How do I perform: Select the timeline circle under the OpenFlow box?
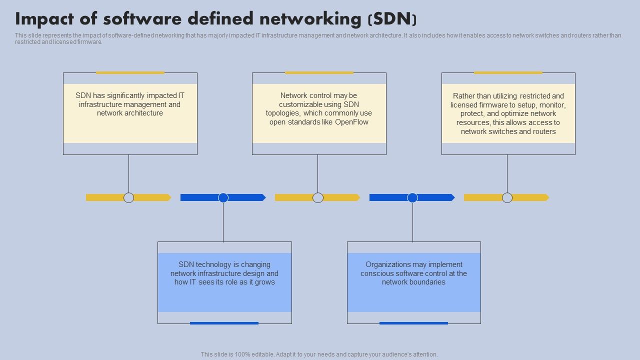pyautogui.click(x=318, y=197)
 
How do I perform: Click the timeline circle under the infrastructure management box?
pyautogui.click(x=129, y=197)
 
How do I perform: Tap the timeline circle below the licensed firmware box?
pyautogui.click(x=507, y=197)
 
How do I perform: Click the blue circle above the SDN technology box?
pyautogui.click(x=223, y=197)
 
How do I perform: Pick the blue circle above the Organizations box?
pyautogui.click(x=412, y=197)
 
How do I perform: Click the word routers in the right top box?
pyautogui.click(x=544, y=131)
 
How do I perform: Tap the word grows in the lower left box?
pyautogui.click(x=264, y=282)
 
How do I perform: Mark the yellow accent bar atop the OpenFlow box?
pyautogui.click(x=319, y=73)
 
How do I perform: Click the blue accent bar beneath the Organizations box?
pyautogui.click(x=413, y=323)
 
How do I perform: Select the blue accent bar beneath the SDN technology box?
pyautogui.click(x=224, y=323)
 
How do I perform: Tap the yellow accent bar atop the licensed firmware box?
pyautogui.click(x=508, y=73)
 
